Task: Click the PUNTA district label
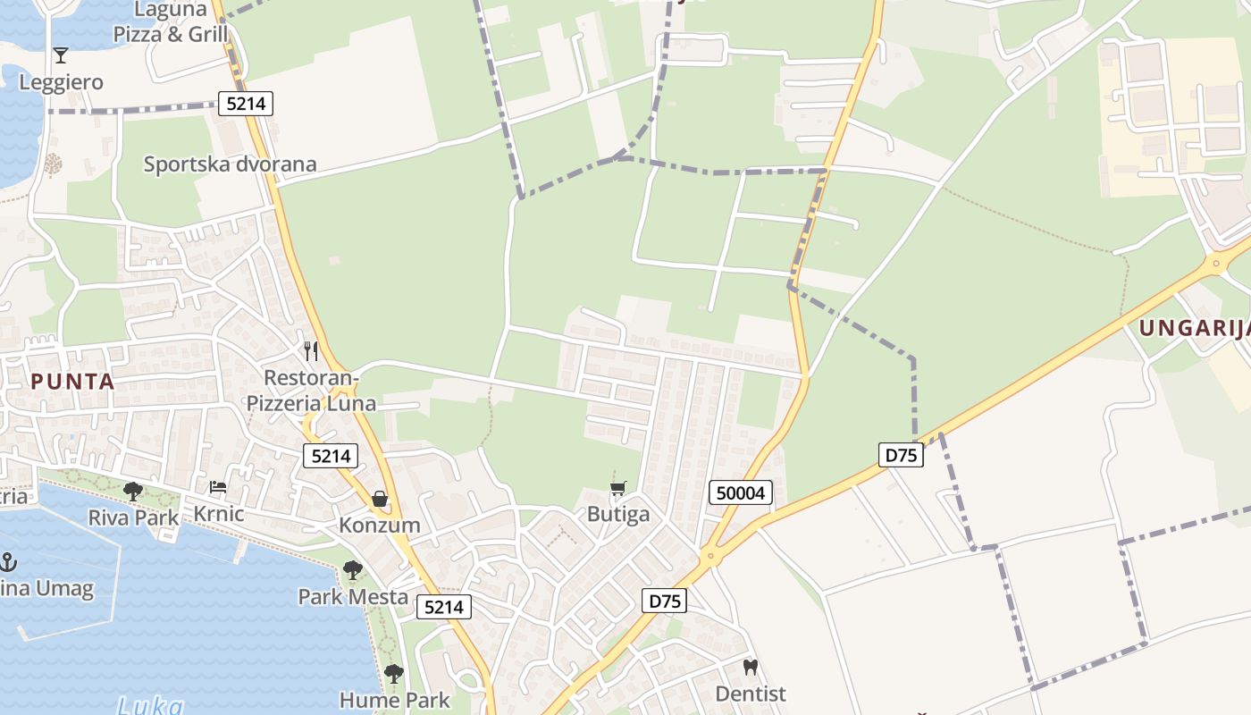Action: click(73, 382)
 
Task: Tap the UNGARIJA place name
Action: click(1194, 328)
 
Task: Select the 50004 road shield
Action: click(741, 492)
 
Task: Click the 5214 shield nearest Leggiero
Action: click(246, 104)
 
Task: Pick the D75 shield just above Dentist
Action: click(664, 601)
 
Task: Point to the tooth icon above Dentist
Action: click(751, 667)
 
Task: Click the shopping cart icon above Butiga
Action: click(617, 489)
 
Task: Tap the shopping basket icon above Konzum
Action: click(380, 499)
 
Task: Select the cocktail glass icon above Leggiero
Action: click(61, 55)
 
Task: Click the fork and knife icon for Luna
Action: click(311, 350)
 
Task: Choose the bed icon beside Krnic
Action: click(218, 488)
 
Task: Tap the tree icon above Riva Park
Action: click(133, 491)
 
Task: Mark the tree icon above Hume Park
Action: click(393, 673)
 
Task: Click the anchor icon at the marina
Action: click(8, 562)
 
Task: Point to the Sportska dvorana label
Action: click(231, 164)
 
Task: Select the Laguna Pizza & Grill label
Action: click(171, 22)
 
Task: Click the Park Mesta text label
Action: click(353, 597)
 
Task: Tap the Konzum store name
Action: click(379, 525)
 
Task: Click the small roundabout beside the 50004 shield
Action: click(711, 556)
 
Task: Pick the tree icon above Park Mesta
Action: click(353, 569)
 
